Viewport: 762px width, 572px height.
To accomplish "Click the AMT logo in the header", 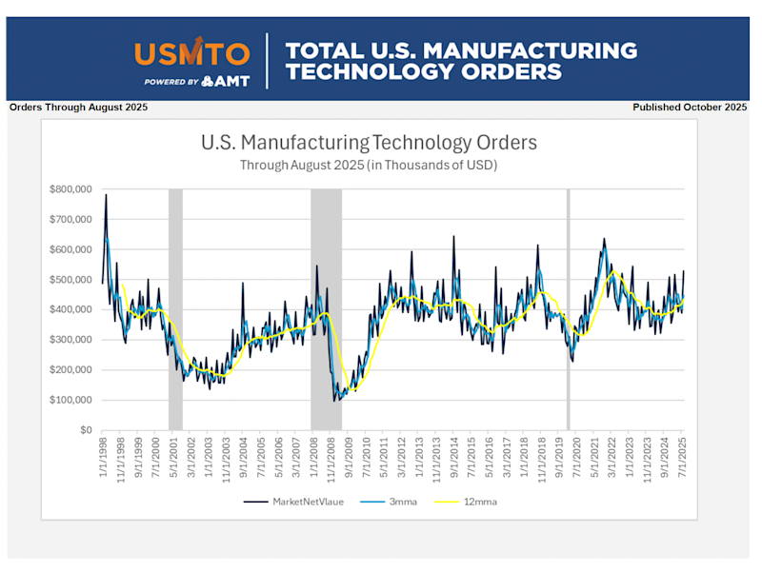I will tap(226, 81).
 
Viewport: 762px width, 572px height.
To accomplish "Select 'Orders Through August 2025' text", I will tap(78, 108).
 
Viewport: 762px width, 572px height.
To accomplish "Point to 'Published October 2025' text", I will tap(690, 108).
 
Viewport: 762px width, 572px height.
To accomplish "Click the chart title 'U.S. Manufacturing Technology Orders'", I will tap(370, 144).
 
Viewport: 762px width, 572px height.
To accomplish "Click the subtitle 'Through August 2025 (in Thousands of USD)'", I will tap(370, 165).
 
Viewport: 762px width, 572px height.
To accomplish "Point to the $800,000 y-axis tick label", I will tap(70, 189).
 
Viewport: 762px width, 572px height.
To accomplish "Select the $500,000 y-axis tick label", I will tap(70, 280).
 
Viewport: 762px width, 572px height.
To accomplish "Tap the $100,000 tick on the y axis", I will tap(70, 400).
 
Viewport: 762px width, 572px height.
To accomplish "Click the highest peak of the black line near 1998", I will tap(106, 195).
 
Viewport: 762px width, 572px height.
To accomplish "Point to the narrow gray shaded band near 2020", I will tap(569, 309).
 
